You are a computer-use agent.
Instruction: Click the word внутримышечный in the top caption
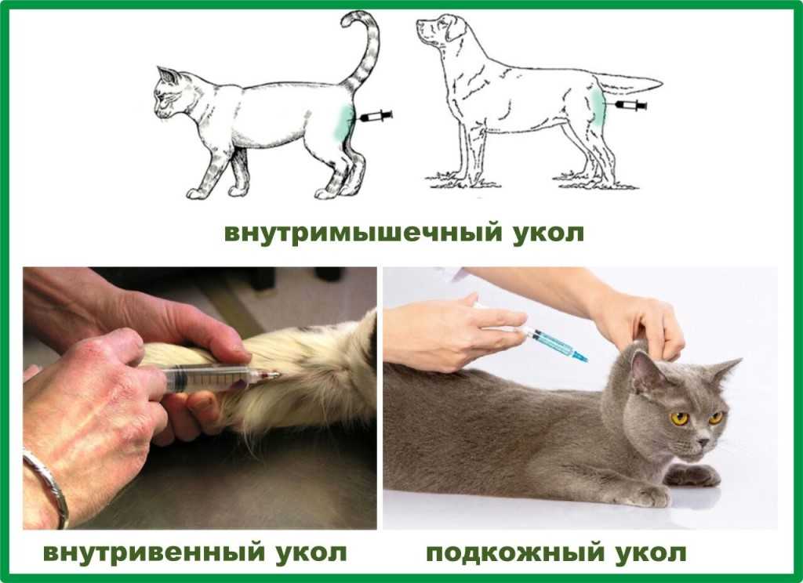(363, 233)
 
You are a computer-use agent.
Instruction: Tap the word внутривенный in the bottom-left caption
(154, 552)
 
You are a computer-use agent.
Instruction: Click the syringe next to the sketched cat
(376, 116)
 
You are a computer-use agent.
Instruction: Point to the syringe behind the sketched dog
(630, 106)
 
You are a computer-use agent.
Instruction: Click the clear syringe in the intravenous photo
(220, 378)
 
